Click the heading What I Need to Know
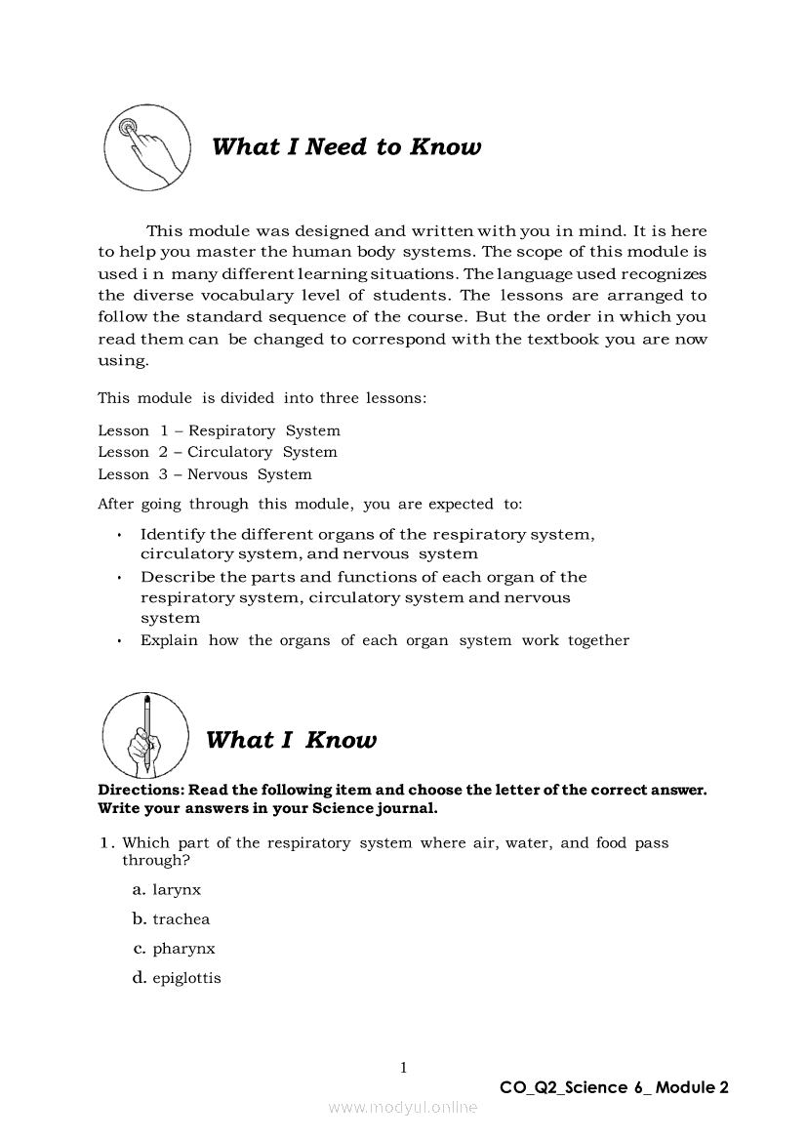tap(346, 147)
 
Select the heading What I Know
tap(291, 740)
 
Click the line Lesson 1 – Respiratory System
tap(219, 430)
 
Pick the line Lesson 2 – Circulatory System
tap(217, 452)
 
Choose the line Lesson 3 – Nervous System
tap(204, 474)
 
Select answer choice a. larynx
tap(167, 890)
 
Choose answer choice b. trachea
tap(171, 919)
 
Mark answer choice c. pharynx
tap(174, 949)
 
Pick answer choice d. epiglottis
tap(177, 978)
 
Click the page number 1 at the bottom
tap(403, 1068)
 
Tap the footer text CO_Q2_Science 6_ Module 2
tap(614, 1087)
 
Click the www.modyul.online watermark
tap(403, 1108)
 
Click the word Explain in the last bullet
tap(169, 640)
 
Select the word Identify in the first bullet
tap(173, 534)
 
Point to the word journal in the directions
tap(405, 808)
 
